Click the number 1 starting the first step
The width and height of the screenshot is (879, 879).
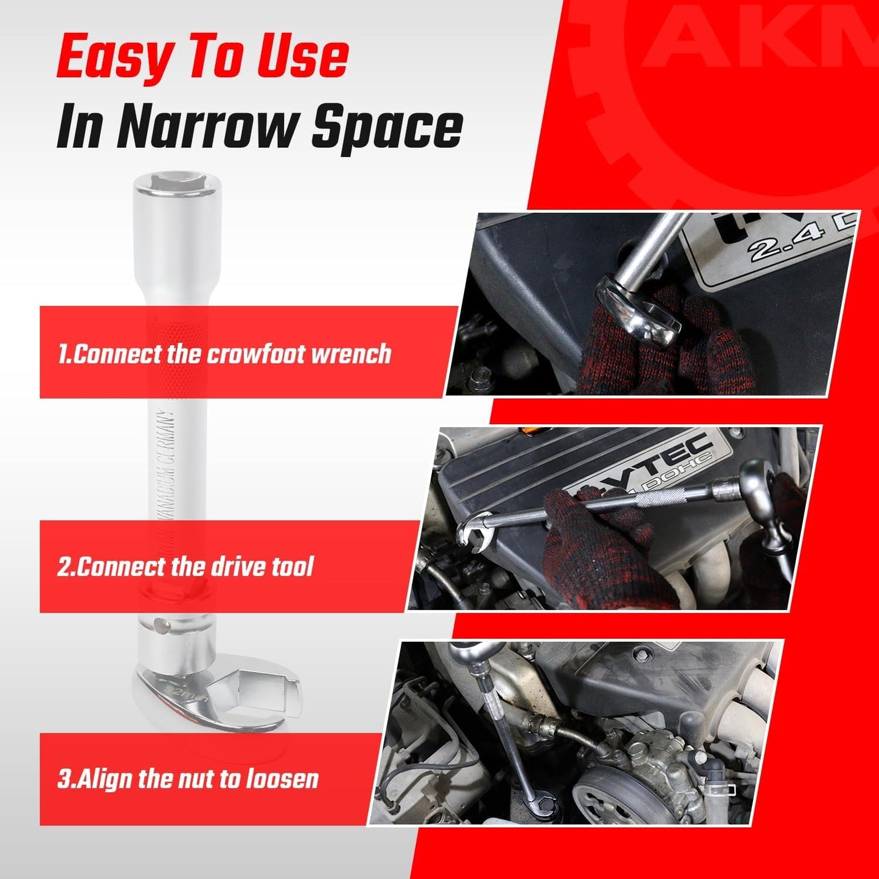(62, 354)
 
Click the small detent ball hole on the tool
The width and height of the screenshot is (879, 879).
(159, 623)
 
